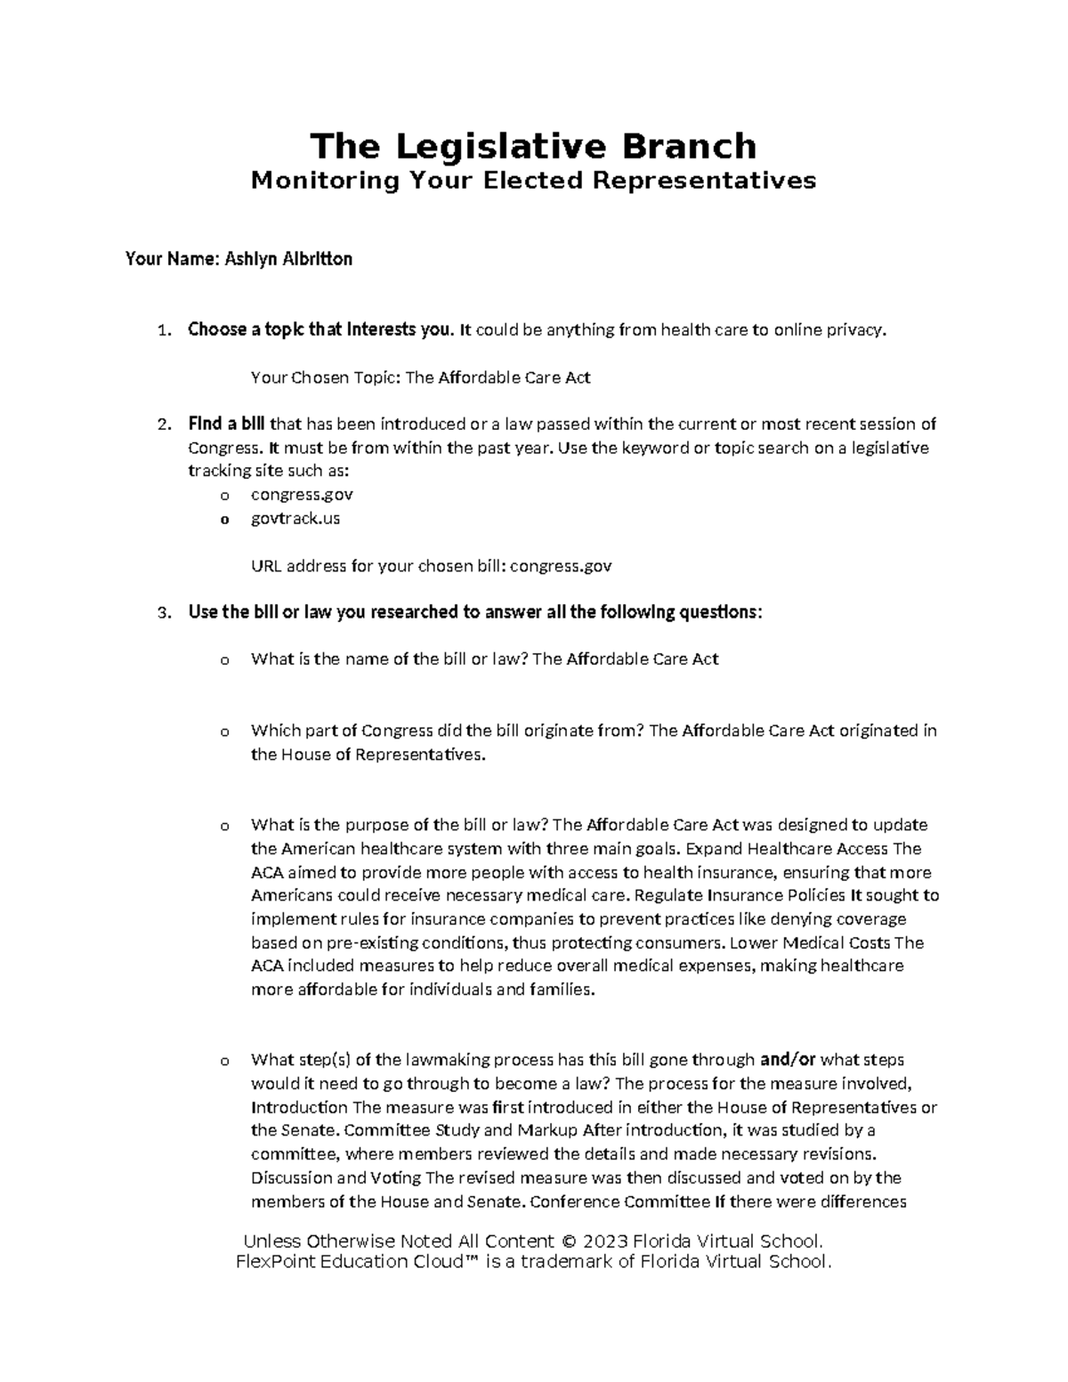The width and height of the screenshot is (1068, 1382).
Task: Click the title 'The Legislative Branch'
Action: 533,146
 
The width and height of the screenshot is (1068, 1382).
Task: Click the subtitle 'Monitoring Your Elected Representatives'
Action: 533,181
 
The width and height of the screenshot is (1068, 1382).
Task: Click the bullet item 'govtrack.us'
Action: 295,518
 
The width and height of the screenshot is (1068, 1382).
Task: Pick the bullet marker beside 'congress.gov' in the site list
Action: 224,495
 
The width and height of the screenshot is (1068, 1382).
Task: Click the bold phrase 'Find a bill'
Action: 227,424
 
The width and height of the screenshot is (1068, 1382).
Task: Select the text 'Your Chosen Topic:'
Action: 326,377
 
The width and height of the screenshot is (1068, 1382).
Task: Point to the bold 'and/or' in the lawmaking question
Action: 787,1060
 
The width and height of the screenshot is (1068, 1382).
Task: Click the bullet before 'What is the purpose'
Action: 224,826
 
